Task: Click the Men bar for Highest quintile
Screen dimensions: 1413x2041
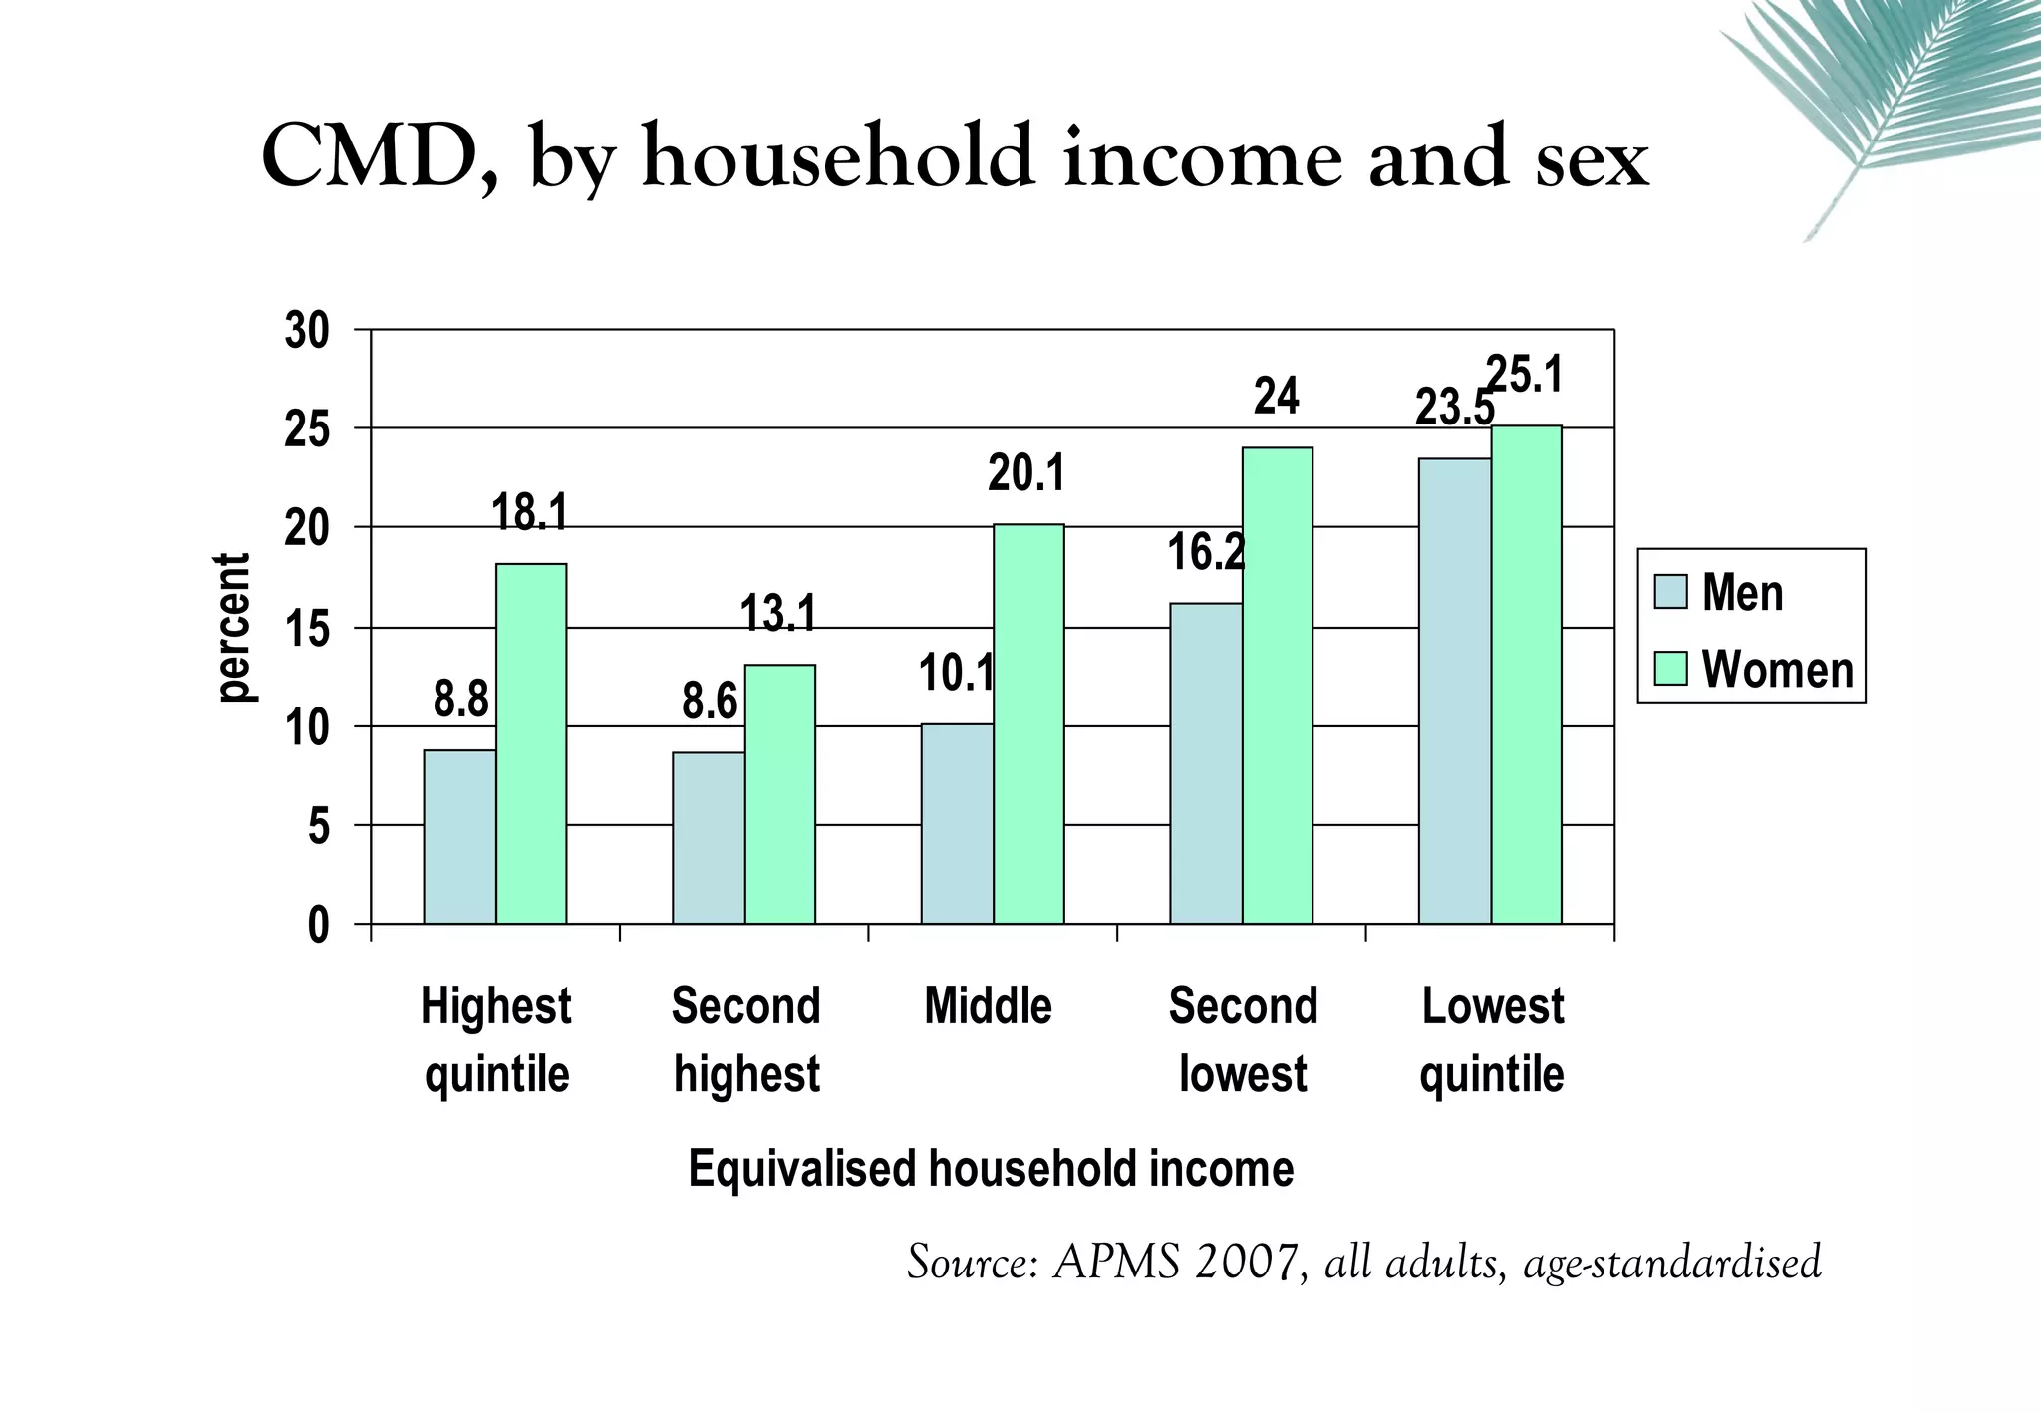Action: [x=459, y=837]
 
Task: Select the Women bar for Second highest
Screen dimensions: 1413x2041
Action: [x=780, y=794]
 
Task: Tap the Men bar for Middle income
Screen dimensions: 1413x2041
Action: [x=957, y=824]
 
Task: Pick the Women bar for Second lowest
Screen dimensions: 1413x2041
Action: [x=1278, y=686]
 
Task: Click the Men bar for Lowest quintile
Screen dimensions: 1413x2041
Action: [x=1455, y=691]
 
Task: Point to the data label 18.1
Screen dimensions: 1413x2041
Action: [x=530, y=512]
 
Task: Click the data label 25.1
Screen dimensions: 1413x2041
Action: [x=1525, y=376]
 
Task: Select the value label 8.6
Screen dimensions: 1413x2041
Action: [x=710, y=702]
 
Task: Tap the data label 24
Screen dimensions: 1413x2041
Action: [x=1277, y=397]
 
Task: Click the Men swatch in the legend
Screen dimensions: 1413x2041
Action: [x=1671, y=592]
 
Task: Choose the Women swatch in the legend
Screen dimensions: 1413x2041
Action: [x=1671, y=669]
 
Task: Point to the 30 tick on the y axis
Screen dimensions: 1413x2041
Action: [x=306, y=331]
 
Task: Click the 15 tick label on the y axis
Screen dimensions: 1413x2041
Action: [x=306, y=630]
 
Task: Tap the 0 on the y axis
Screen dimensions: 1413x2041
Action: [x=318, y=926]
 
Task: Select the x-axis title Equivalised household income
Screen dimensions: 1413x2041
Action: [x=991, y=1168]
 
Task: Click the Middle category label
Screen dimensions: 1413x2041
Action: [x=988, y=1006]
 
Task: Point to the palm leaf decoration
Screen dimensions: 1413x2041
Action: [x=1894, y=100]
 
